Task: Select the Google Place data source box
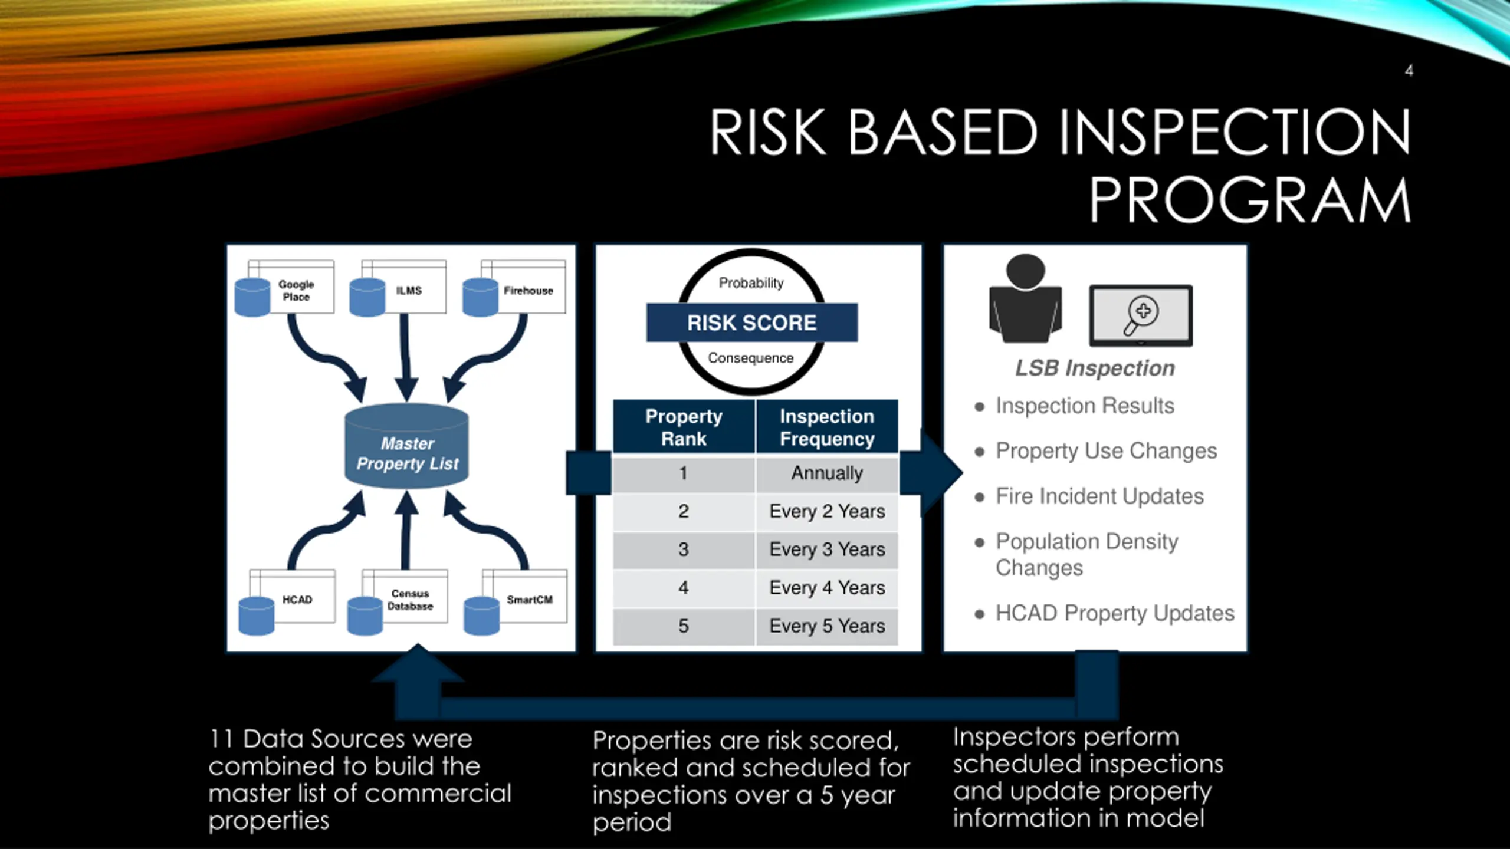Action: tap(296, 290)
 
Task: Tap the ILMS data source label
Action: tap(409, 291)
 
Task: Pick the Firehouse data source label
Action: tap(528, 291)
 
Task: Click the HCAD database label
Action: tap(297, 600)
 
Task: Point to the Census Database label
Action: tap(410, 600)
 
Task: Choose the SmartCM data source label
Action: tap(530, 600)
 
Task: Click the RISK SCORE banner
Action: tap(751, 323)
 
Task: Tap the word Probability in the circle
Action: tap(751, 283)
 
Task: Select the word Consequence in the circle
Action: tap(750, 358)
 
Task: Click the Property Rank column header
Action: tap(684, 427)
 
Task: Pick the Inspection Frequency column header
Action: tap(827, 427)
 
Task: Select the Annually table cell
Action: tap(827, 473)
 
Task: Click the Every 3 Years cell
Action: tap(827, 549)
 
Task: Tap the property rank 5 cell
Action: tap(684, 626)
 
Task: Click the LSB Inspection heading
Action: tap(1095, 368)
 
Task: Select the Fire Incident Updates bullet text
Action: tap(1099, 496)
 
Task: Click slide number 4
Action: tap(1409, 71)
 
